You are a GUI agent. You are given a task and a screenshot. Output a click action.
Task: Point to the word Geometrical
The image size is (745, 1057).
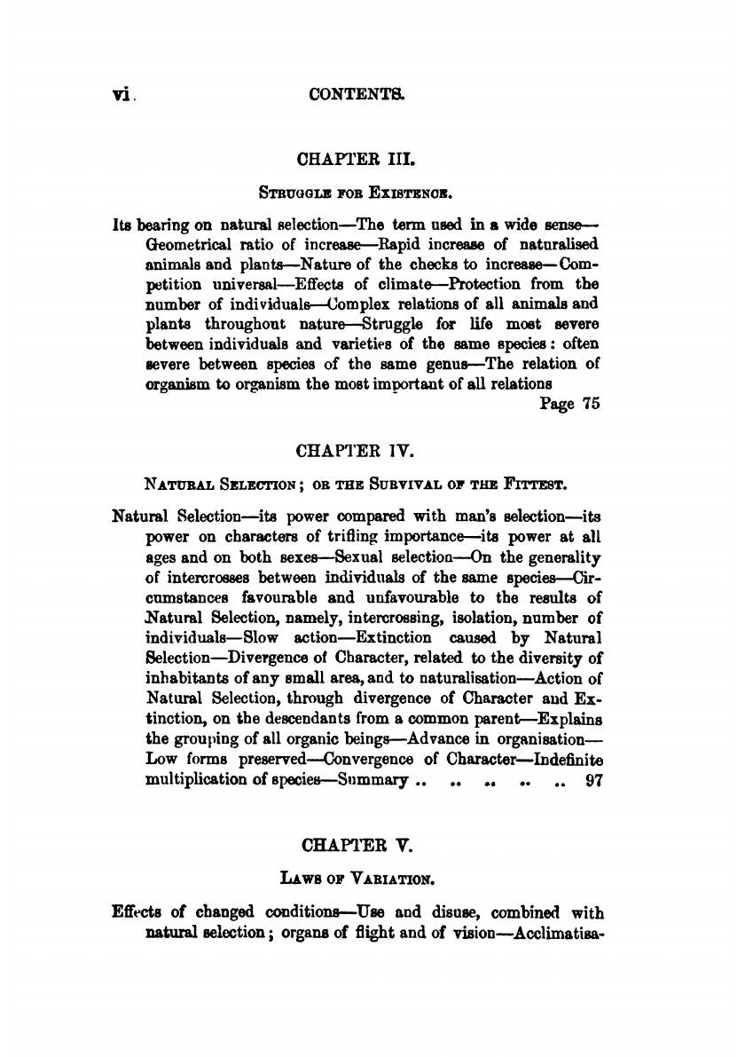[184, 242]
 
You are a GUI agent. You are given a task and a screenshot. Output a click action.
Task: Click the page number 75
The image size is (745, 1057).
[589, 405]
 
